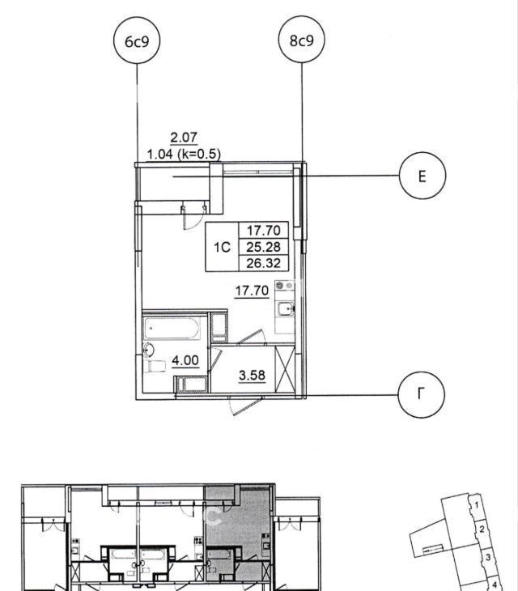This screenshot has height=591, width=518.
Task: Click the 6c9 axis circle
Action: pos(137,40)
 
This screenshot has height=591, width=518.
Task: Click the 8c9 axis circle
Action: pos(301,40)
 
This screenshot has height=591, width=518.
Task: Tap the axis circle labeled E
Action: pos(422,176)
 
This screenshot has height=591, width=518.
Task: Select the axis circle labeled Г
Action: pos(421,394)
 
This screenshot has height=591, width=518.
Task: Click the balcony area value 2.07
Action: pos(184,137)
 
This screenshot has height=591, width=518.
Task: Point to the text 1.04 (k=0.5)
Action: pos(184,154)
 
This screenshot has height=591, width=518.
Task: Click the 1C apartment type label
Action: pos(222,247)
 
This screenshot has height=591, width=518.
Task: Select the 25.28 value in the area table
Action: pos(263,247)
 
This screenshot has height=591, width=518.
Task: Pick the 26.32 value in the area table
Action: pos(263,263)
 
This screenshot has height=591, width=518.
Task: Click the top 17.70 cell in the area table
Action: pos(263,230)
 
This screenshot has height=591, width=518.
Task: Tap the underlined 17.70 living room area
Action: pos(252,291)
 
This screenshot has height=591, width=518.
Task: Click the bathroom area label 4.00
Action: pos(185,361)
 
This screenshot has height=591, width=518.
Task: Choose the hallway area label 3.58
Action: pos(252,376)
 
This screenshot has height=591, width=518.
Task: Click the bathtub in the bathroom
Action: pos(172,329)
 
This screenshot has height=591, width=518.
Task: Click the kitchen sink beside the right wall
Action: pos(285,309)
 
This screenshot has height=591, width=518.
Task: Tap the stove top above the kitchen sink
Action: pos(284,285)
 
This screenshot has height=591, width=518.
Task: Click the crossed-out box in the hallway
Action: pos(285,370)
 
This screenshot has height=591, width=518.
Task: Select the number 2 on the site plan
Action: pos(482,529)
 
